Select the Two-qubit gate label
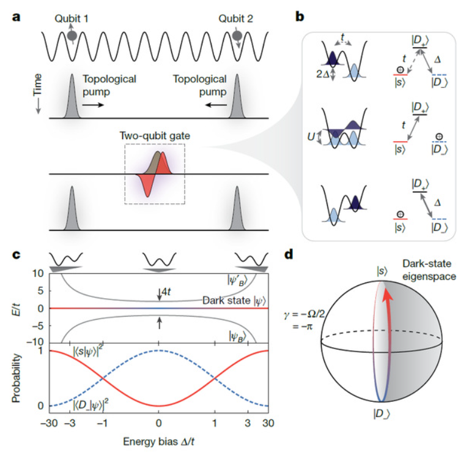[155, 137]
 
